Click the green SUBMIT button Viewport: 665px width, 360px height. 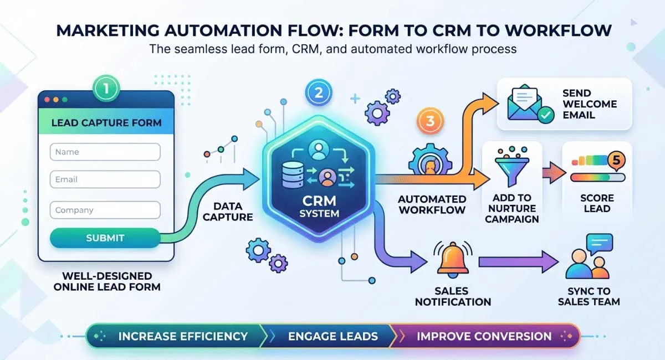coord(105,238)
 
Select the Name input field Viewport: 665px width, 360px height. coord(105,152)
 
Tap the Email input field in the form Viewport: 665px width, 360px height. coord(105,179)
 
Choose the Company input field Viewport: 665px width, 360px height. coord(105,210)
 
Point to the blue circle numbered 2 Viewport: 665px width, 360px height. coord(318,92)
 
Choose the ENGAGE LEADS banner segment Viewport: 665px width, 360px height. coord(332,336)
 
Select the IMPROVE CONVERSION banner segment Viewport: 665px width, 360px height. coord(483,336)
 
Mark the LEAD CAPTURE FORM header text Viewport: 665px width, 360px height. coord(106,122)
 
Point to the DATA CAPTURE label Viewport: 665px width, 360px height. coord(228,211)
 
